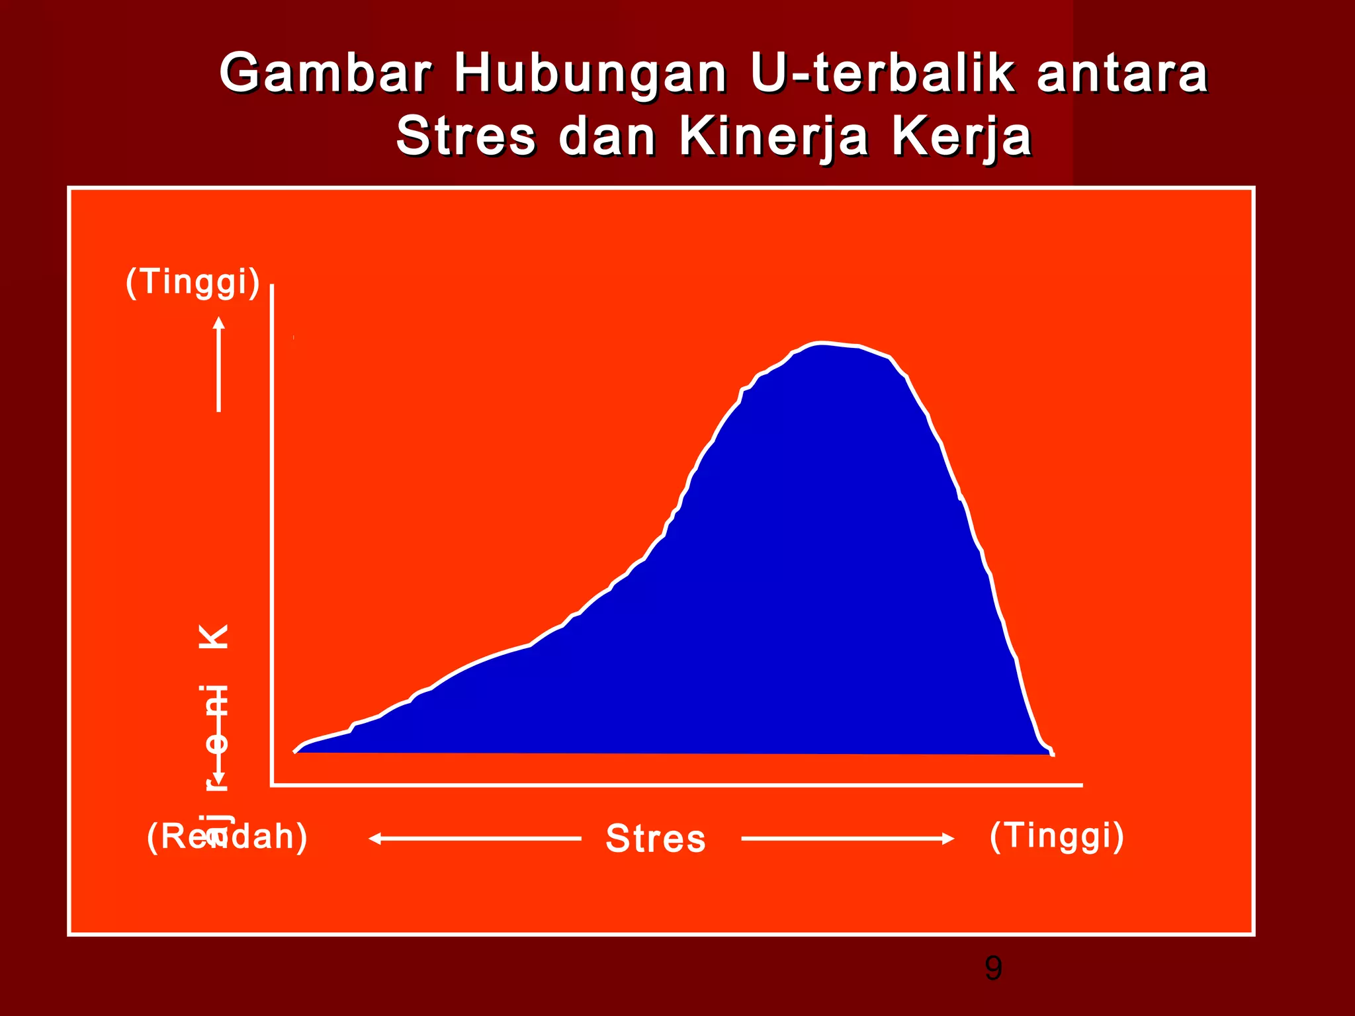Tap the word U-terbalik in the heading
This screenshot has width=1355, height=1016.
coord(883,73)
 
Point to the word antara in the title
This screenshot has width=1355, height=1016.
coord(1122,74)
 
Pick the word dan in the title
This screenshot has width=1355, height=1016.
coord(607,137)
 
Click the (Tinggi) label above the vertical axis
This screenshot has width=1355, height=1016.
coord(193,282)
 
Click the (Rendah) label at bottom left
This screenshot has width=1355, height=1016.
coord(227,837)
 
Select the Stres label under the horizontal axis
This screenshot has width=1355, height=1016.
coord(656,839)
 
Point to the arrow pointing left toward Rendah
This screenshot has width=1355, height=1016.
coord(474,839)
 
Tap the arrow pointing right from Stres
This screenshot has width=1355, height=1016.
coord(848,839)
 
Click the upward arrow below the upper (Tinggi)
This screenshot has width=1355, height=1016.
coord(219,363)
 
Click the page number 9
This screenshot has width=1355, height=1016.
coord(993,968)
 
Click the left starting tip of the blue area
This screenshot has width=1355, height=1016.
coord(296,751)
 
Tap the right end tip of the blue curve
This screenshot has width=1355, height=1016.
coord(1052,753)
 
